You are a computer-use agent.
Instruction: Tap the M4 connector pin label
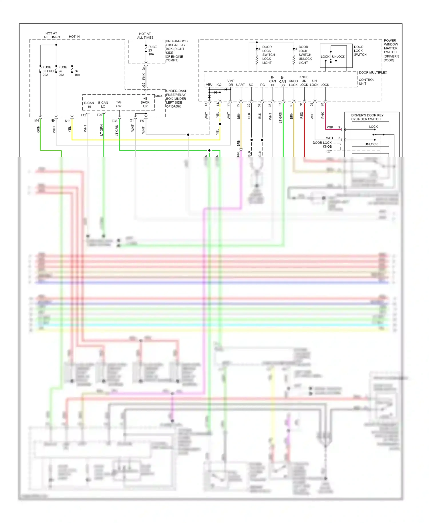[x=37, y=121]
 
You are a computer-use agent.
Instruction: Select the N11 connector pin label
[x=67, y=121]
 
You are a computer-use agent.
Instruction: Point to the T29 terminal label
[x=99, y=115]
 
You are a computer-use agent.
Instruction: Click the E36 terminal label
[x=114, y=121]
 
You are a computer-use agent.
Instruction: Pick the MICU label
[x=159, y=96]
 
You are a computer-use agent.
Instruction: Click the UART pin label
[x=240, y=85]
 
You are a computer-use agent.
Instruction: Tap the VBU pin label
[x=209, y=85]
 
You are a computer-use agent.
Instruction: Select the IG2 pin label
[x=219, y=85]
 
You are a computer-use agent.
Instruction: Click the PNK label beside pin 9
[x=330, y=127]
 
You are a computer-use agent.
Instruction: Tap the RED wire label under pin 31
[x=302, y=116]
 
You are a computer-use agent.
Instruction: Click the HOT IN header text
[x=74, y=37]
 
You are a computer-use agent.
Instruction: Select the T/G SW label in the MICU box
[x=119, y=104]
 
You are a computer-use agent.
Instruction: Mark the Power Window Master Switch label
[x=391, y=50]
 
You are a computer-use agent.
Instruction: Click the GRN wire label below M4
[x=38, y=129]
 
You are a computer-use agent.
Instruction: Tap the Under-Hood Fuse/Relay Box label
[x=176, y=51]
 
